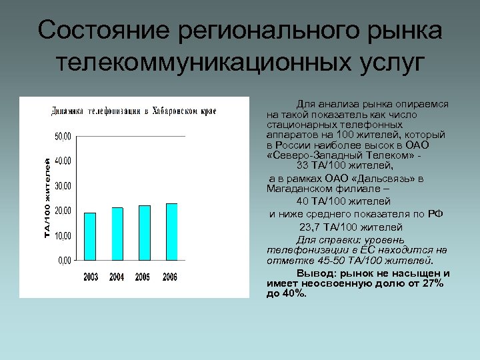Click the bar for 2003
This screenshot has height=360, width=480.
[90, 236]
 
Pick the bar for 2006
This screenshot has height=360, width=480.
[171, 231]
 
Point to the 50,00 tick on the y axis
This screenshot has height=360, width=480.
[63, 136]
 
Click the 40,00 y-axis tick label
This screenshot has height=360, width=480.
[63, 161]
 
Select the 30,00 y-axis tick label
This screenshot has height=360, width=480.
[63, 185]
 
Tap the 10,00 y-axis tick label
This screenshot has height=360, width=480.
[63, 235]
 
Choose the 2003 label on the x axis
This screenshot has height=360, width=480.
[91, 277]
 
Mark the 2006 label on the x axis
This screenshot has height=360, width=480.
[170, 277]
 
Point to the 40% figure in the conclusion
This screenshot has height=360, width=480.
[295, 293]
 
